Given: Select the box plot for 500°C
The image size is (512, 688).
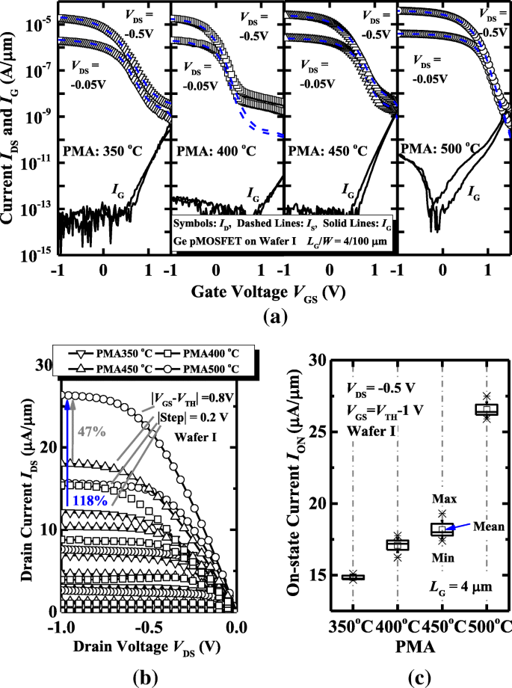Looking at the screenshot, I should click(x=487, y=409).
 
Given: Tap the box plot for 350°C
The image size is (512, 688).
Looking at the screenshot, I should click(x=353, y=577).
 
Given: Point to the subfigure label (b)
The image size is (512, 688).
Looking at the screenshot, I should click(x=145, y=678).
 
